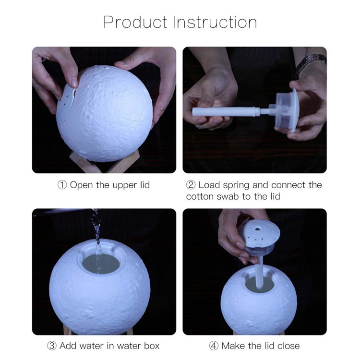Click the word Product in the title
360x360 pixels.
click(135, 23)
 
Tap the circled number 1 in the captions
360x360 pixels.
click(63, 185)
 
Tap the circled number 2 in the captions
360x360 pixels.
click(191, 185)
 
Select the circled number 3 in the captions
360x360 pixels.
click(52, 346)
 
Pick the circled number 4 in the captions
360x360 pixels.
click(213, 346)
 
